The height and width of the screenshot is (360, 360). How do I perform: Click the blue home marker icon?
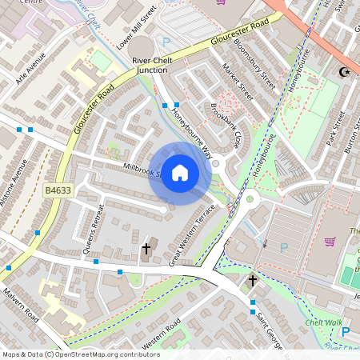(180, 173)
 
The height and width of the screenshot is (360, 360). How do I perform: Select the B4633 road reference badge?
(58, 190)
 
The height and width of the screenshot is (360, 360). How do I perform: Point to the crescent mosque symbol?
(346, 72)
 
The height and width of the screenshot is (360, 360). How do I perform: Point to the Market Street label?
(238, 84)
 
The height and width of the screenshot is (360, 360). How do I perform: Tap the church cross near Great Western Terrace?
(146, 250)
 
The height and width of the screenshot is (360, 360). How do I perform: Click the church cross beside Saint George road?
(252, 280)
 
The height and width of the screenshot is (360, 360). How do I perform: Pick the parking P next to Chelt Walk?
(346, 332)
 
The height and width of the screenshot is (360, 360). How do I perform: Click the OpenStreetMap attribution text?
(80, 354)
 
